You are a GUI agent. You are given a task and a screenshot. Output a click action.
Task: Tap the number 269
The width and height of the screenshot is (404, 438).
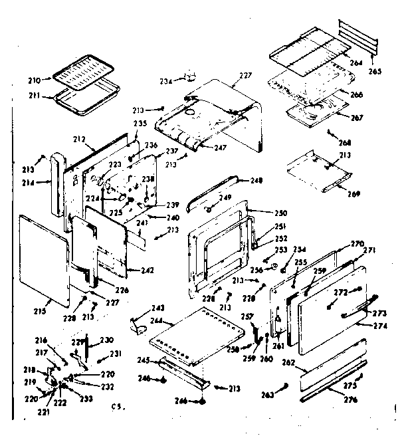(x=353, y=194)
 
